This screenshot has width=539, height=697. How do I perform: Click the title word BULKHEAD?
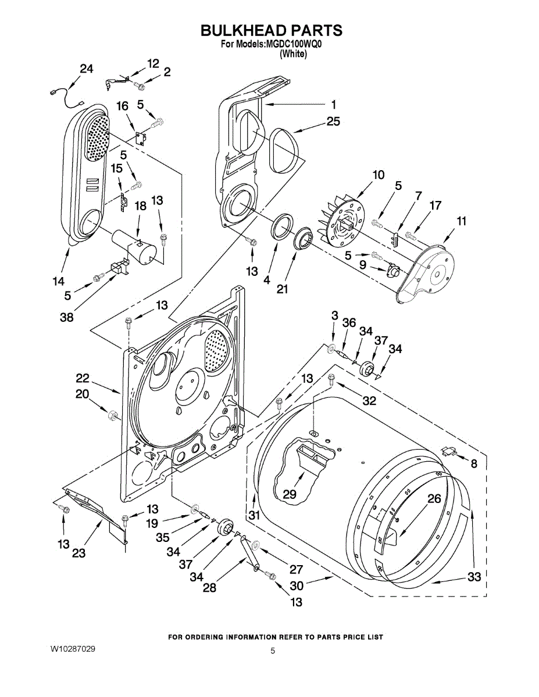(x=244, y=30)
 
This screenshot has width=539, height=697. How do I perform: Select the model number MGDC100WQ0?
(x=293, y=45)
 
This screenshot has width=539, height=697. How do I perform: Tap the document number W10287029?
(x=72, y=649)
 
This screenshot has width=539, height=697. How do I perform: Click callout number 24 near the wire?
(x=87, y=69)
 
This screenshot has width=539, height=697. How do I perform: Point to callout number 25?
(x=333, y=121)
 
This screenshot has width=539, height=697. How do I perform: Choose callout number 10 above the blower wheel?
(x=378, y=175)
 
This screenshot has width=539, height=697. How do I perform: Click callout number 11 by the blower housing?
(x=461, y=221)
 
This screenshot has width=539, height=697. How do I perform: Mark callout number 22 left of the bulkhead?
(x=83, y=378)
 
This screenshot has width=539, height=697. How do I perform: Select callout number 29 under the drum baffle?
(x=289, y=494)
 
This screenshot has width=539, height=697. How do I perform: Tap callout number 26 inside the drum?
(x=434, y=498)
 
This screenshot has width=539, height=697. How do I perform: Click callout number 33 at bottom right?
(x=474, y=577)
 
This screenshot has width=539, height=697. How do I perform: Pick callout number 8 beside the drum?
(x=474, y=464)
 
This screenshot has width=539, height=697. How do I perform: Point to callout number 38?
(x=67, y=318)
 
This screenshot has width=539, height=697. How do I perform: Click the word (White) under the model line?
(x=293, y=54)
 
